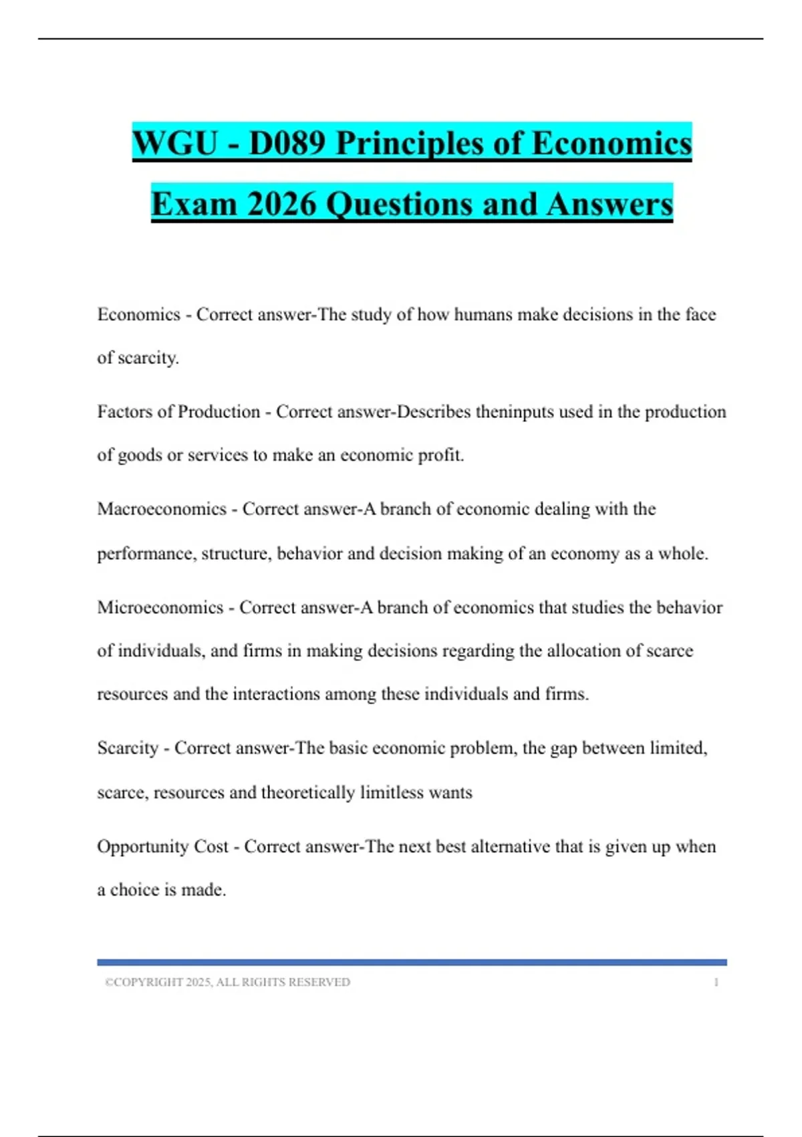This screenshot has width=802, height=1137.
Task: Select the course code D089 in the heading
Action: (x=287, y=143)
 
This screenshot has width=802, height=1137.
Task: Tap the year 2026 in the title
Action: (x=281, y=204)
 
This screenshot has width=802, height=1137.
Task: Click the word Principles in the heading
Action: (x=408, y=143)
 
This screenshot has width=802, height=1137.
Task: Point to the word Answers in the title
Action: (x=609, y=204)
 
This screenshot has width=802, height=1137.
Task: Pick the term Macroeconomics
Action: (x=162, y=509)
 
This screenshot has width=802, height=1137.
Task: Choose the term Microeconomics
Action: (x=160, y=607)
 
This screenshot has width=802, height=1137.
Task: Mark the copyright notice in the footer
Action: (x=227, y=983)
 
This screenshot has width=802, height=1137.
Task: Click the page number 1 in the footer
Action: (x=716, y=983)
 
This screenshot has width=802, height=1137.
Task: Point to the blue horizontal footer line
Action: (x=412, y=962)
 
